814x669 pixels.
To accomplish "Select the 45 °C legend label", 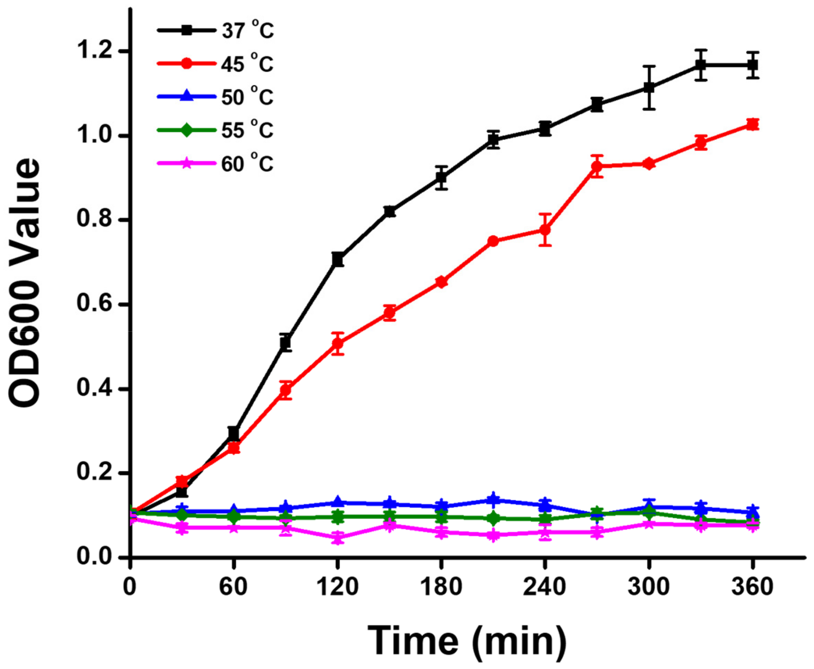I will tap(247, 64).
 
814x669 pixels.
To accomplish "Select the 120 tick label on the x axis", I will tap(337, 587).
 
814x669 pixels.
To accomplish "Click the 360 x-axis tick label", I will tap(752, 587).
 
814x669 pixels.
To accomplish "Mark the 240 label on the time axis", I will tap(544, 587).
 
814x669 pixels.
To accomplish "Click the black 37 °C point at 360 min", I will tap(752, 65).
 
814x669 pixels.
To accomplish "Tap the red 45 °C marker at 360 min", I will tap(752, 124).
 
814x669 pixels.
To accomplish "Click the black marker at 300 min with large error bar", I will tap(649, 88).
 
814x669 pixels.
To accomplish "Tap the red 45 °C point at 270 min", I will tap(597, 166).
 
